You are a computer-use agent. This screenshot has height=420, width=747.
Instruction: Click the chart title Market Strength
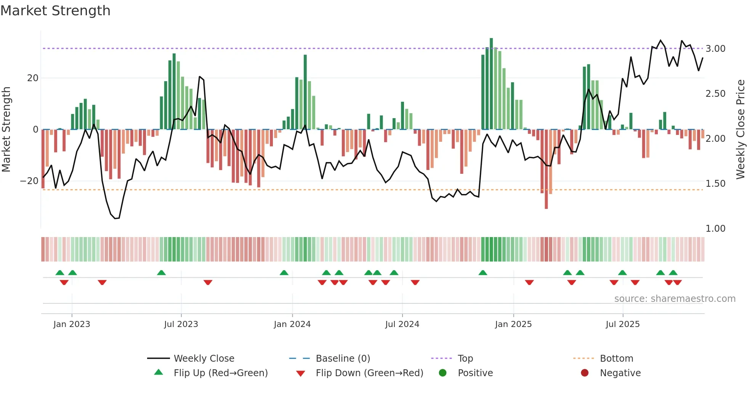[x=55, y=11]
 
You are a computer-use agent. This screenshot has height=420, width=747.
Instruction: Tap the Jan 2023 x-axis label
[x=72, y=324]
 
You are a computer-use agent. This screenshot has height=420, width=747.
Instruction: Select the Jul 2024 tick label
[x=402, y=324]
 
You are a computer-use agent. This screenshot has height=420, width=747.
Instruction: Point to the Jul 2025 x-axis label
[x=622, y=324]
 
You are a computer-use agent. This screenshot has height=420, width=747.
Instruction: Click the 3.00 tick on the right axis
[x=715, y=49]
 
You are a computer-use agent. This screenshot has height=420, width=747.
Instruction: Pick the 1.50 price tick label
[x=715, y=184]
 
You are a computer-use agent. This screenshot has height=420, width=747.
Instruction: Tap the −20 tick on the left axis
[x=29, y=181]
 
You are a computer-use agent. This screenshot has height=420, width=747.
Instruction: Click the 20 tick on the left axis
[x=32, y=78]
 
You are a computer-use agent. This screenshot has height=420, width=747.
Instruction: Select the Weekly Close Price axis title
[x=740, y=130]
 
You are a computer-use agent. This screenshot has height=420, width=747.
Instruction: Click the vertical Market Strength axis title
[x=6, y=130]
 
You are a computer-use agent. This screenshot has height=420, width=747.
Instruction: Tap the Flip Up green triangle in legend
[x=159, y=372]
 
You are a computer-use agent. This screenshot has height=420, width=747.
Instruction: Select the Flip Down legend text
[x=369, y=373]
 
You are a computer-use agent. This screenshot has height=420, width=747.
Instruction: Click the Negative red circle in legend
[x=584, y=373]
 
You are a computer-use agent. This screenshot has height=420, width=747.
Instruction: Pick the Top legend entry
[x=465, y=359]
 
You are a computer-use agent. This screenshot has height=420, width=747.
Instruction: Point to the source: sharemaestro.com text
[x=675, y=299]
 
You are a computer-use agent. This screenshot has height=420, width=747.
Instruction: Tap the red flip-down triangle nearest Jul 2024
[x=415, y=282]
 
